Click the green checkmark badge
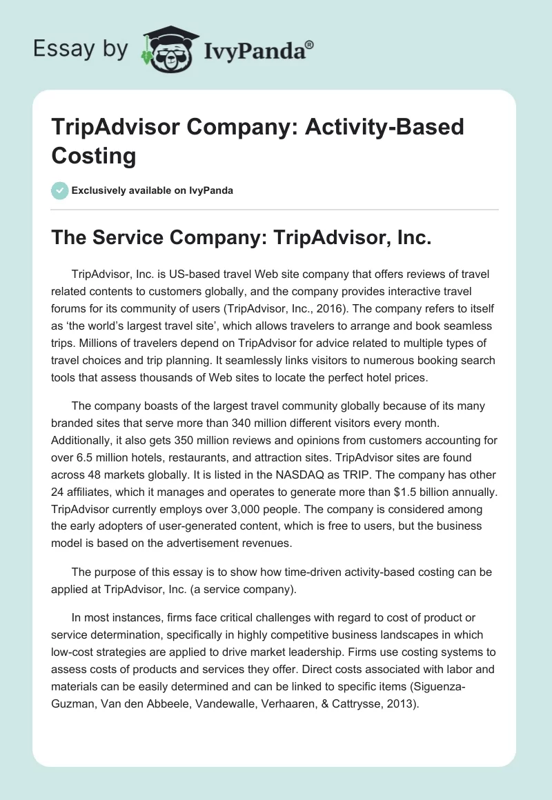point(60,190)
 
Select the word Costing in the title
point(94,155)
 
